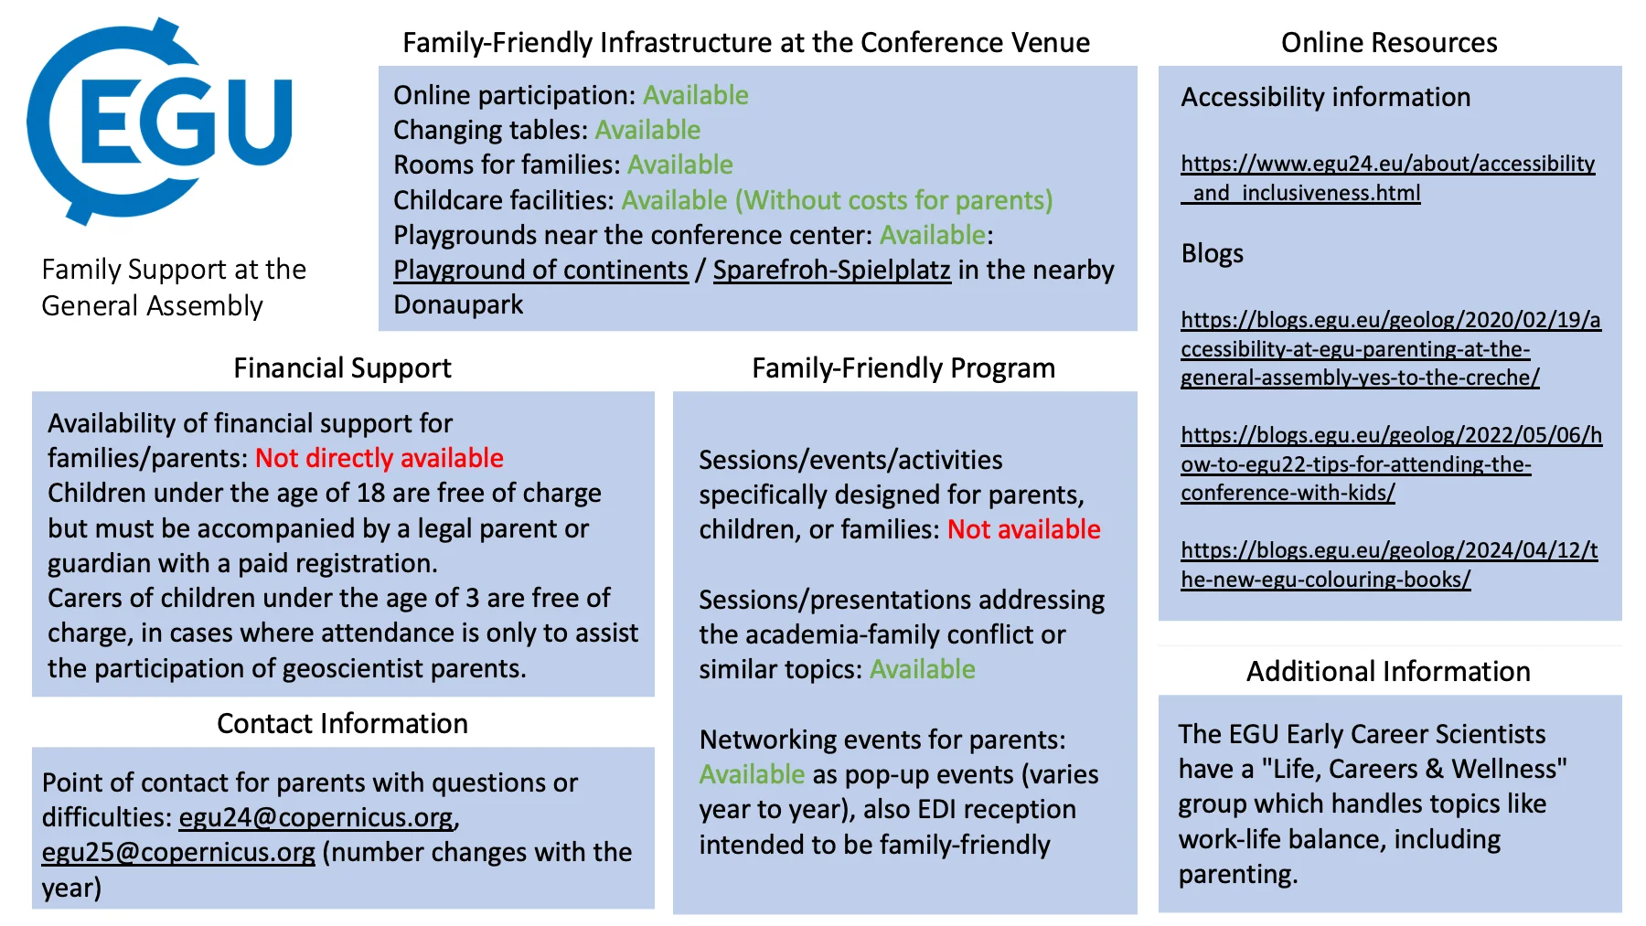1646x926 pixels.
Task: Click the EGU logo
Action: tap(160, 121)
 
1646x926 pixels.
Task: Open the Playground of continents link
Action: tap(540, 271)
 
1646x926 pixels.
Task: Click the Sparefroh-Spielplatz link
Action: tap(831, 271)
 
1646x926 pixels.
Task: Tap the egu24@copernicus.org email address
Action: tap(315, 817)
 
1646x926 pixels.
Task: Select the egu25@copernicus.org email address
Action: tap(178, 852)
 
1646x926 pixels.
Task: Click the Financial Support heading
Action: tap(342, 368)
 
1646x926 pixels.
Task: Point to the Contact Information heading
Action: tap(342, 724)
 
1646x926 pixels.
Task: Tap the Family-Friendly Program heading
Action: tap(903, 368)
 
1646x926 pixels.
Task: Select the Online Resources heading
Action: tap(1388, 43)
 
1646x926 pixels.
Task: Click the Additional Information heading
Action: tap(1387, 672)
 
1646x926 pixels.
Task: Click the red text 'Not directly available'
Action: tap(379, 458)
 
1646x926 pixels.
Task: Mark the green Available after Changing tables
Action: tap(647, 131)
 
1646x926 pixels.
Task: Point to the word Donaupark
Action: tap(458, 305)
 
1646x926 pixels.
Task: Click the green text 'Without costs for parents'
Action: tap(894, 201)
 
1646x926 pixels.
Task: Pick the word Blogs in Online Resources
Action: tap(1212, 254)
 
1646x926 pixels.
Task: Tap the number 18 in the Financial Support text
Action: tap(370, 494)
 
